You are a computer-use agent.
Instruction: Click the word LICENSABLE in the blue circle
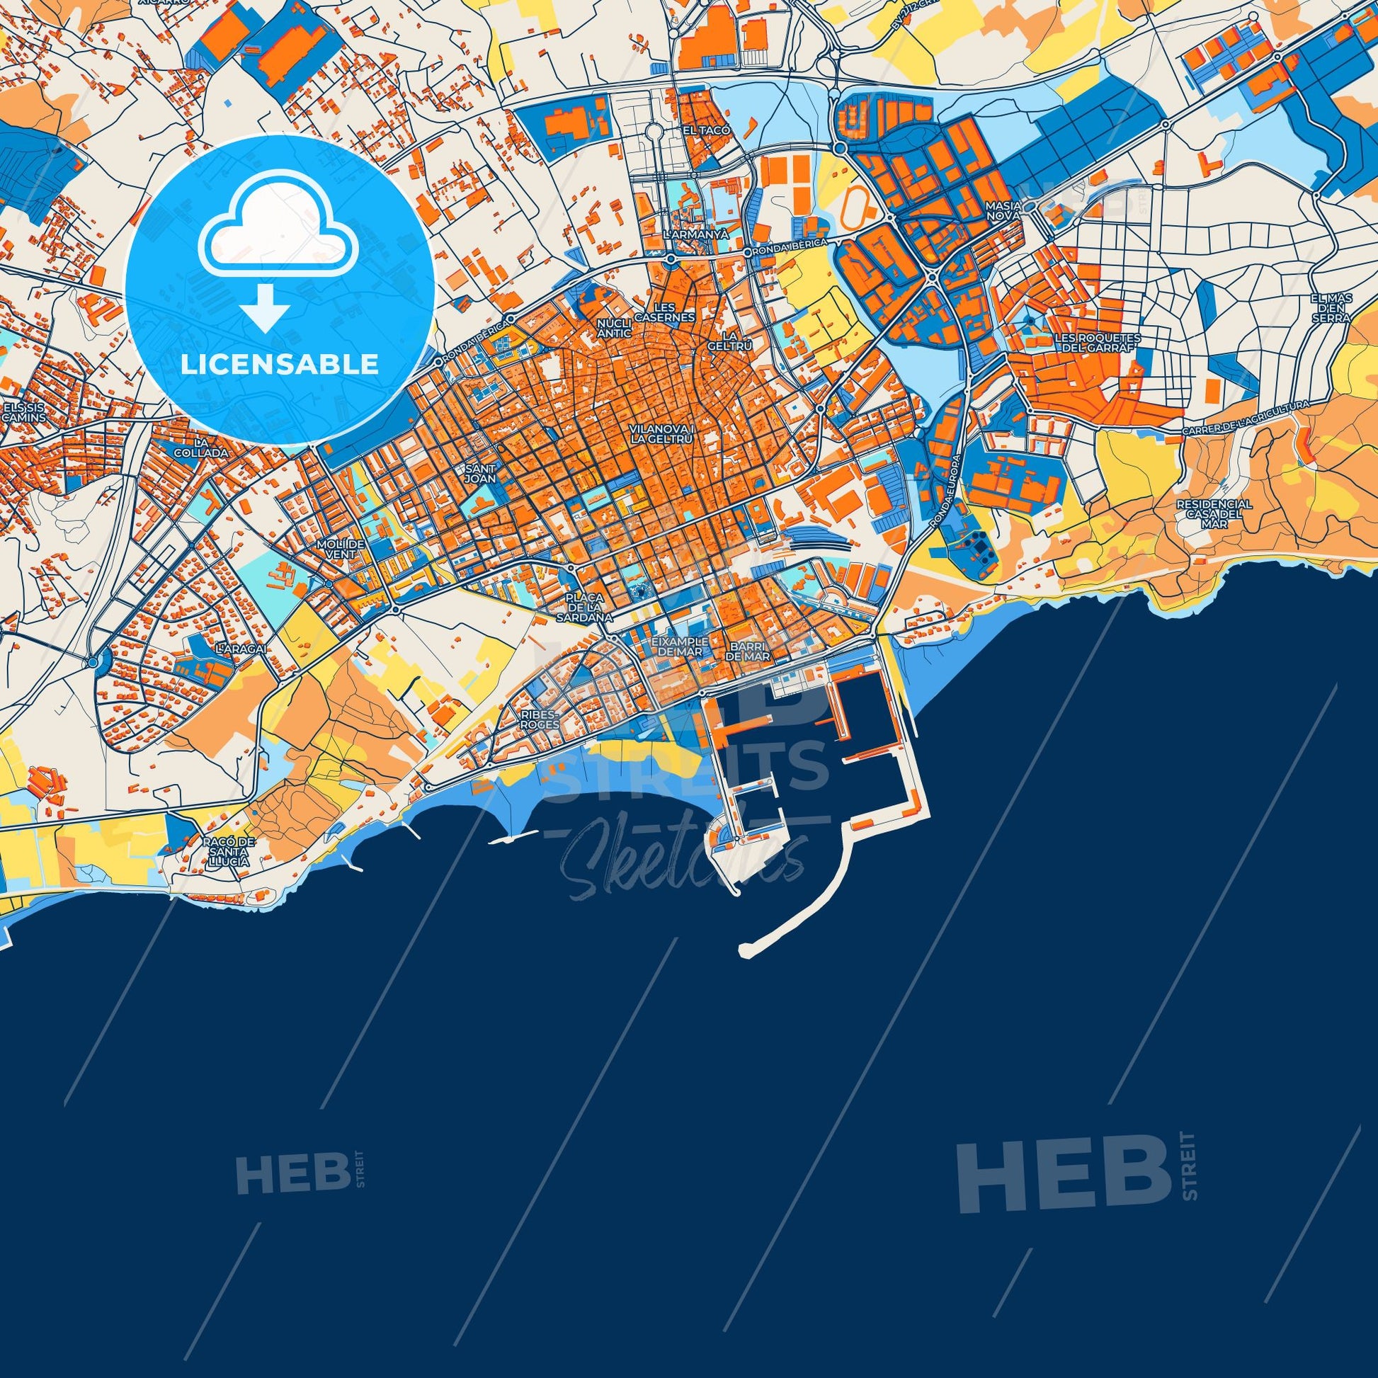[x=279, y=364]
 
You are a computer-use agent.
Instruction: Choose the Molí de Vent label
[x=342, y=550]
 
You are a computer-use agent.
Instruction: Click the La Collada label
[x=203, y=447]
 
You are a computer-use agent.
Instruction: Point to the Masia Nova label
[x=1003, y=210]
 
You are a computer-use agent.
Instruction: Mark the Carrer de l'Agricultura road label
[x=1255, y=418]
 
